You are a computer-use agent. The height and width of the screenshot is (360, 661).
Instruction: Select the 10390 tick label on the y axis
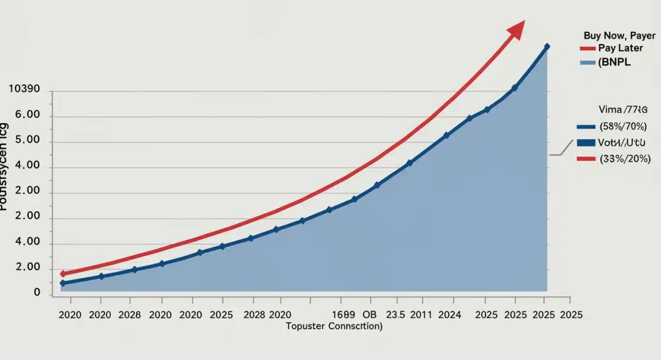point(25,90)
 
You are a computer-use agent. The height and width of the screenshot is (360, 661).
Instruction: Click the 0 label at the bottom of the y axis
point(37,293)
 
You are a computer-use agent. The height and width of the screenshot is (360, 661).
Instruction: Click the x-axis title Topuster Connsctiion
point(334,326)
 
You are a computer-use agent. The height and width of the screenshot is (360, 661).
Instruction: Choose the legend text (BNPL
point(614,63)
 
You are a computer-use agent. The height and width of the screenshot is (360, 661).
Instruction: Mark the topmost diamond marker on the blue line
point(547,47)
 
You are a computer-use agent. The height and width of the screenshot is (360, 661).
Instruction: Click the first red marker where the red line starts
point(63,274)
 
